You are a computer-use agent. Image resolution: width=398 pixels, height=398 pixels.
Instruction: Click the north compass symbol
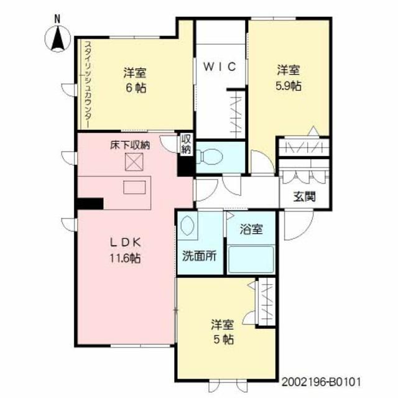point(58,36)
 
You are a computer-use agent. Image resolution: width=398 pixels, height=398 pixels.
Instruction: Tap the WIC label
point(220,67)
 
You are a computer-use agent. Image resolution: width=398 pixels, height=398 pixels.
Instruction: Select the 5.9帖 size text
point(289,86)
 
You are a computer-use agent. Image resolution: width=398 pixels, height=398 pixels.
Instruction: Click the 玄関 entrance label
point(305,197)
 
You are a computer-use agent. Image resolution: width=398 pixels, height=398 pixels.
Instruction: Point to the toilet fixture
point(210,156)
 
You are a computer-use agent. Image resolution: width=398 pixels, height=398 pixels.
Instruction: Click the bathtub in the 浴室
point(251,259)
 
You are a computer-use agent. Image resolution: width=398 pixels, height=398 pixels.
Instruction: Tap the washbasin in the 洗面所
point(187,225)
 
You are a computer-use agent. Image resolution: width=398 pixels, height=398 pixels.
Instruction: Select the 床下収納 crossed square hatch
point(134,162)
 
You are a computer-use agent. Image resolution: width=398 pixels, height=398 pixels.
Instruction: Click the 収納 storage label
point(185,144)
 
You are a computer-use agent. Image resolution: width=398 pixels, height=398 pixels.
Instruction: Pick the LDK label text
point(126,243)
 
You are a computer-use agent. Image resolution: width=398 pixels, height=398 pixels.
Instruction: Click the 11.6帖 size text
point(125,259)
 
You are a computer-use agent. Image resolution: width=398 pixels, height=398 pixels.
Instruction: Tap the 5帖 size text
point(223,340)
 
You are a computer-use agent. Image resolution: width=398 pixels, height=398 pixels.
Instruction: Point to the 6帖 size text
point(136,88)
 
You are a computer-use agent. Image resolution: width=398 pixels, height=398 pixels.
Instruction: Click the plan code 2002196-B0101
point(321,381)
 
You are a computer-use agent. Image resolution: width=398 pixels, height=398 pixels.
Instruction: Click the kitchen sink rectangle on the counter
point(134,187)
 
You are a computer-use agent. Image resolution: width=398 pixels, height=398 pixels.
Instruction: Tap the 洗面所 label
point(200,256)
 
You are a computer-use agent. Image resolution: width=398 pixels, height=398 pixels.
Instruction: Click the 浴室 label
point(251,229)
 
